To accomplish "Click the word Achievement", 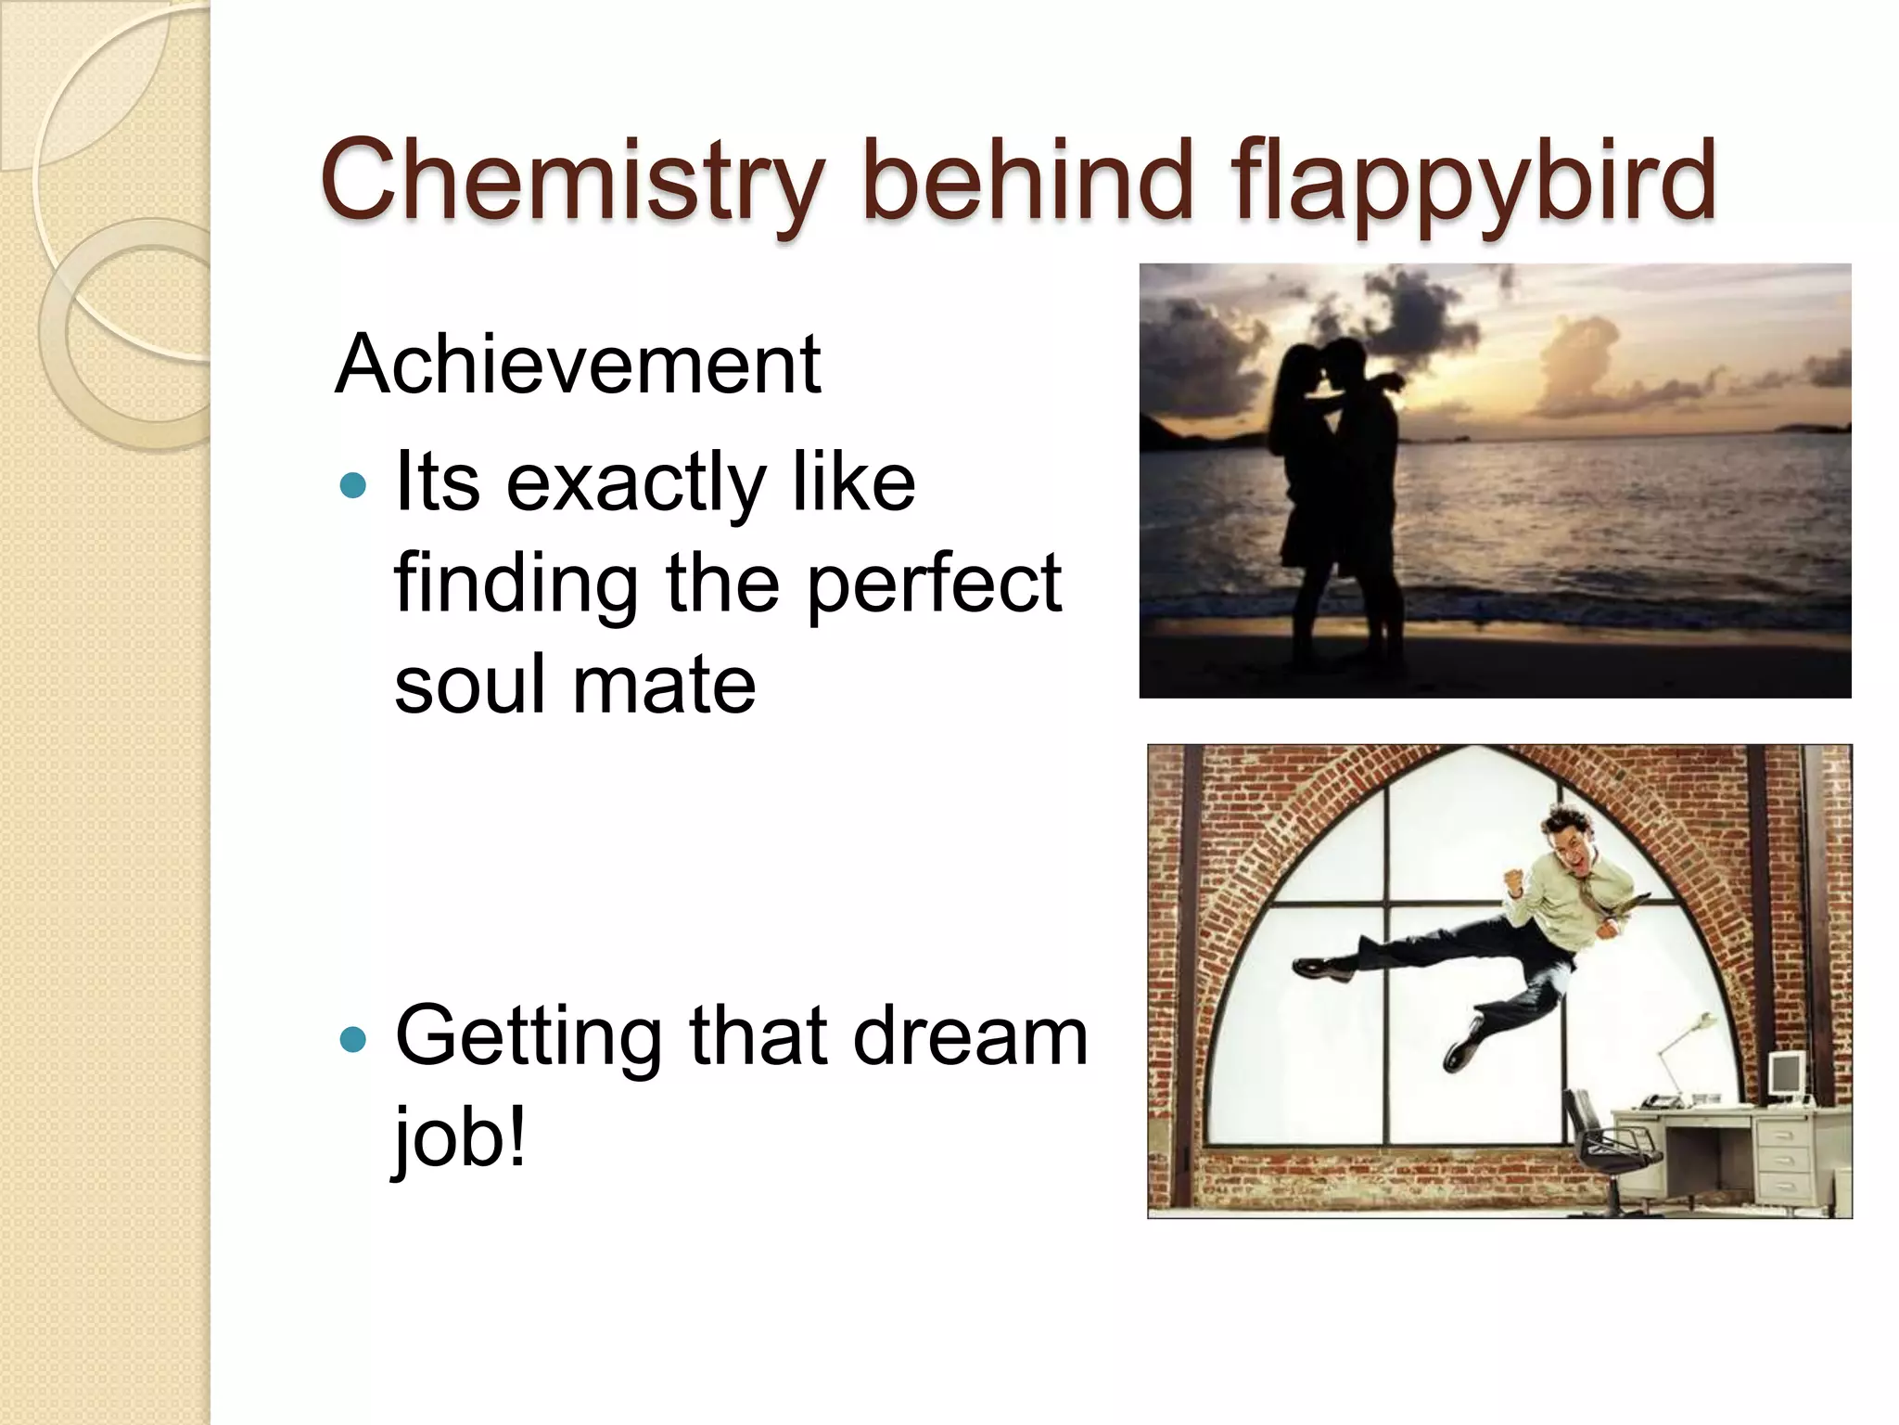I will click(578, 364).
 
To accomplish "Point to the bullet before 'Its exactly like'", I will click(353, 484).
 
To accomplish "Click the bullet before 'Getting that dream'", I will click(353, 1038).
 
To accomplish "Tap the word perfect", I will click(934, 584).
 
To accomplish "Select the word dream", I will click(970, 1036).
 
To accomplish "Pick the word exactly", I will click(635, 484).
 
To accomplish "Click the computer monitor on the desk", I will click(1784, 1075).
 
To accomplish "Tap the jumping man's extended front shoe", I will click(1322, 969).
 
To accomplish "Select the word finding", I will click(516, 584).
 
